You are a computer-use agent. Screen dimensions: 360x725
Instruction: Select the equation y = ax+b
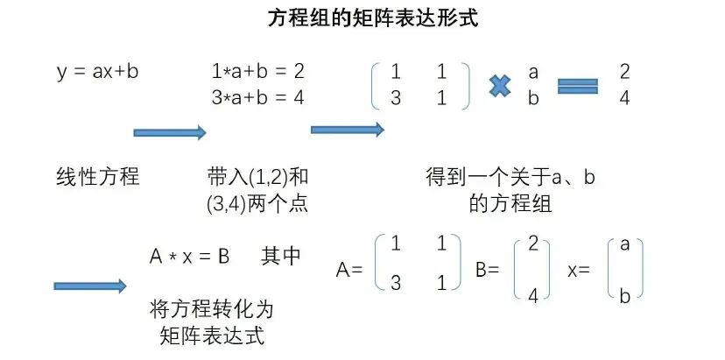(96, 72)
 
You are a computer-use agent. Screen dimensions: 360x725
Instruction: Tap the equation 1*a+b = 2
(257, 72)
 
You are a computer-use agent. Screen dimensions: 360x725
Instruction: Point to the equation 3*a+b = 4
(257, 96)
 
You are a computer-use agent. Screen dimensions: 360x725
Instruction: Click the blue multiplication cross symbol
(500, 85)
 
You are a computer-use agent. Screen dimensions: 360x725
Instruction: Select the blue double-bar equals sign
(578, 85)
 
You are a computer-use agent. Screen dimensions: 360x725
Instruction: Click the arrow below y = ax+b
(169, 132)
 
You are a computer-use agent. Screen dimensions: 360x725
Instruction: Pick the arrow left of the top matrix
(348, 130)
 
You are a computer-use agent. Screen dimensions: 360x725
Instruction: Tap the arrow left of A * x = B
(90, 286)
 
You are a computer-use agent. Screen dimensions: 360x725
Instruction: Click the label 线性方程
(97, 177)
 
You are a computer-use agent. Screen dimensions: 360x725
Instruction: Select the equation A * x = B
(189, 257)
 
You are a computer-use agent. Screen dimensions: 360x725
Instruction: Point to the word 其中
(281, 257)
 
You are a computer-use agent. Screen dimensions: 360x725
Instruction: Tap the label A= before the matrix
(348, 271)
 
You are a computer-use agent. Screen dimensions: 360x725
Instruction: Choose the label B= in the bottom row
(487, 271)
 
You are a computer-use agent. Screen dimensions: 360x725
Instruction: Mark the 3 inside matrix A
(397, 282)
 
